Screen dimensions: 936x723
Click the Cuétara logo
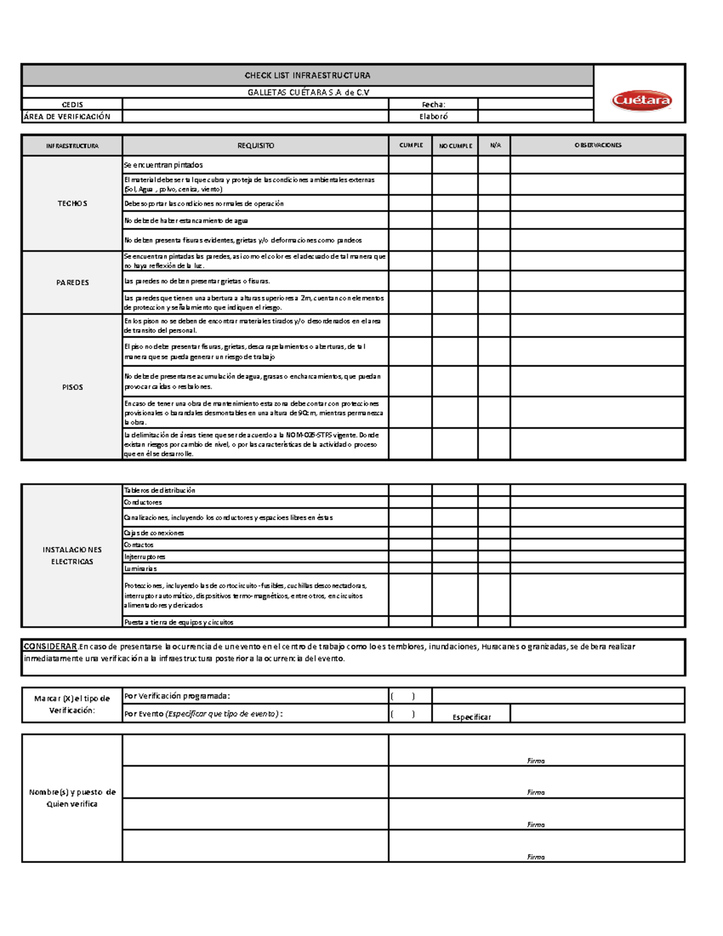(x=641, y=100)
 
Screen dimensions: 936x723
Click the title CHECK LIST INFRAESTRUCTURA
(x=307, y=75)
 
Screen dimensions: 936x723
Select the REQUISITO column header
(x=255, y=145)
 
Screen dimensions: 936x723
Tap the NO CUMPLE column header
(x=455, y=145)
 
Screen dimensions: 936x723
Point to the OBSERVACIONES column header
(x=598, y=145)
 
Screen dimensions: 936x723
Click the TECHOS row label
(x=72, y=204)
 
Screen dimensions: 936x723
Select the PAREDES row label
(x=72, y=282)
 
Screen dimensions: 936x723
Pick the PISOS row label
(x=72, y=387)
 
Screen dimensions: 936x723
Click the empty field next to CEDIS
(x=255, y=104)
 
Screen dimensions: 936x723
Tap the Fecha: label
(x=433, y=104)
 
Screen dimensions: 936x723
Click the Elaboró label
(x=433, y=116)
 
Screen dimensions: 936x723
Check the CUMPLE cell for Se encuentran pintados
(x=410, y=165)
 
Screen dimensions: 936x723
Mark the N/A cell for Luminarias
(x=494, y=568)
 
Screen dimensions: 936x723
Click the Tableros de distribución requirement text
(x=160, y=490)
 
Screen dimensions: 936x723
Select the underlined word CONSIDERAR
(x=51, y=647)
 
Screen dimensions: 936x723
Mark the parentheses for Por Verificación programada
(x=402, y=696)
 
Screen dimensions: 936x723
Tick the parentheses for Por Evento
(x=402, y=714)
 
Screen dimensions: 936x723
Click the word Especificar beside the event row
(x=472, y=717)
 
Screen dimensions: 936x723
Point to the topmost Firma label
(x=536, y=761)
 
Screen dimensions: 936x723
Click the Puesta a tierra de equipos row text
(x=178, y=622)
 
